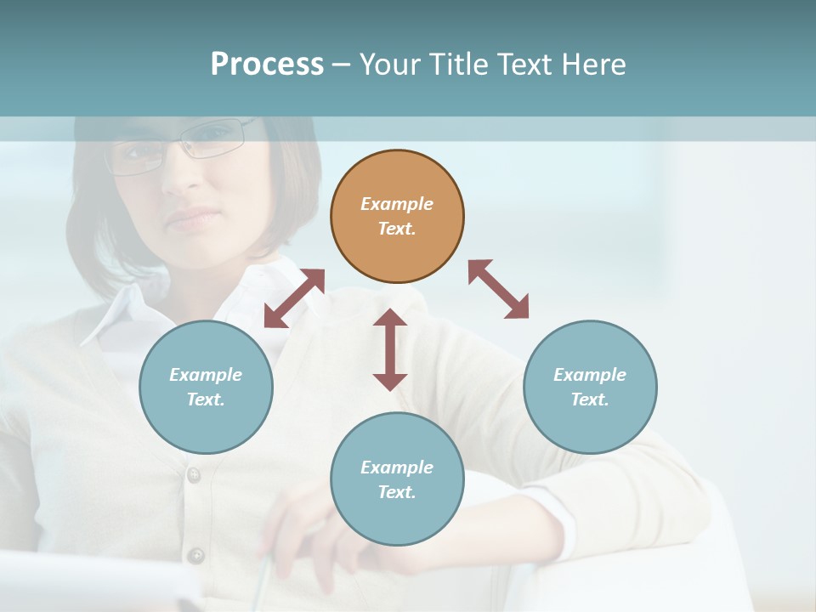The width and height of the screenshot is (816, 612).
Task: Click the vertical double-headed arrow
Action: (390, 349)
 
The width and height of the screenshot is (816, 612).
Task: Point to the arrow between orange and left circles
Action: (294, 298)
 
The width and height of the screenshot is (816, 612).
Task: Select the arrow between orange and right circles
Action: (498, 289)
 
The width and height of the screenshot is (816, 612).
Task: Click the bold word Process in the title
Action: (267, 64)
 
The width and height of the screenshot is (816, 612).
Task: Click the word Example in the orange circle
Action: (397, 204)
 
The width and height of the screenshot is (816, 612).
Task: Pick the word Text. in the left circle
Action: (206, 399)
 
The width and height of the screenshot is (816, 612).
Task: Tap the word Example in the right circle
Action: (590, 375)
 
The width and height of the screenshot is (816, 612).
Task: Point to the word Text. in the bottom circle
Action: (397, 492)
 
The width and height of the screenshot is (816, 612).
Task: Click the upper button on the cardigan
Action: (194, 475)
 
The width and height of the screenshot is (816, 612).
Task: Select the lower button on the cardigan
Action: (196, 556)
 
